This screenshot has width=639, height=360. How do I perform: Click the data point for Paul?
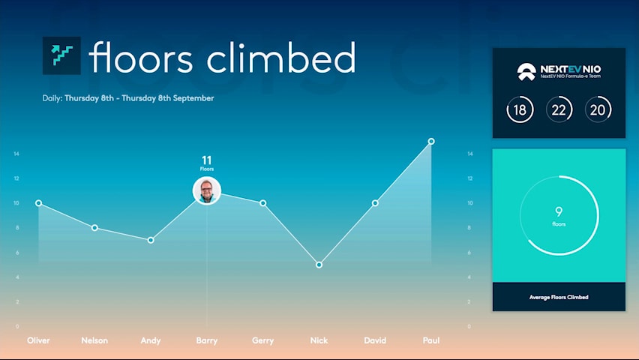431,142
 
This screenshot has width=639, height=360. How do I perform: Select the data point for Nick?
319,265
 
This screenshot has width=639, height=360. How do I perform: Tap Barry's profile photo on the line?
207,190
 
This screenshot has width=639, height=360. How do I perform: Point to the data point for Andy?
151,240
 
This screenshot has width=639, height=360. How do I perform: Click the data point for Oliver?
39,203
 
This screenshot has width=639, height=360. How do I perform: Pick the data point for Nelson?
94,228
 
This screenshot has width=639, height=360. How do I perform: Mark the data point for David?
375,203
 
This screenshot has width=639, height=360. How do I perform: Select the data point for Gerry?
263,203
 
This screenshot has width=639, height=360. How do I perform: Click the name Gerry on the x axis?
262,340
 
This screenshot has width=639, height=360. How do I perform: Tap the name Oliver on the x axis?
38,340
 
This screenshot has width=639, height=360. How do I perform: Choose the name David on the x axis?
375,340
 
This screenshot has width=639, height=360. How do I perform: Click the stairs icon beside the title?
61,55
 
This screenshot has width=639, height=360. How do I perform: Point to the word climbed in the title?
281,57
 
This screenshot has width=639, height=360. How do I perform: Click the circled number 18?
520,109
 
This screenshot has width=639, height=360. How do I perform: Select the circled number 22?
559,109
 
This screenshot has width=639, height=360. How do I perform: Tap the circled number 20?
598,109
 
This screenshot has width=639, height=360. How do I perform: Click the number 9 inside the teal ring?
559,211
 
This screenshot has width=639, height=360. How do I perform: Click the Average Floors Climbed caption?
559,297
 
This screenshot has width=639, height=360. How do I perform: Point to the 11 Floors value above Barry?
207,163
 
